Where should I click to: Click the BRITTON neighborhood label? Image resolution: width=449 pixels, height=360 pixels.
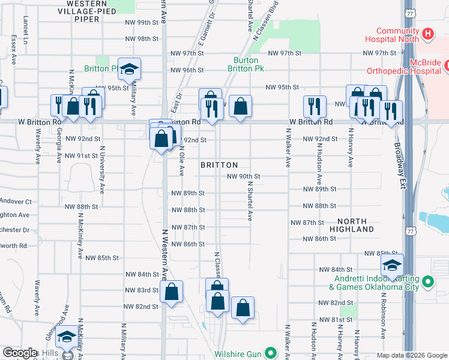[219, 164]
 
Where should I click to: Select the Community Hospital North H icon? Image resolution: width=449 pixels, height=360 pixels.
[427, 34]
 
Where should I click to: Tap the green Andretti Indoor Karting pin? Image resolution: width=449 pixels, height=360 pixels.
[427, 281]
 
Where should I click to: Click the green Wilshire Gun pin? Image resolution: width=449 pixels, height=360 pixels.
[271, 354]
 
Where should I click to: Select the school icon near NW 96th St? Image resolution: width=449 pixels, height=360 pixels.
[128, 70]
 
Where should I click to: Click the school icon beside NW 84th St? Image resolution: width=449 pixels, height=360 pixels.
[392, 266]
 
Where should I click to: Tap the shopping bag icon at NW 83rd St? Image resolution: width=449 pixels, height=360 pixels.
[171, 292]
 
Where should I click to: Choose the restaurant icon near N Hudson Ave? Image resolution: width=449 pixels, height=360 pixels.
[315, 107]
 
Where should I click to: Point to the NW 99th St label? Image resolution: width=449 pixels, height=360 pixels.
[141, 22]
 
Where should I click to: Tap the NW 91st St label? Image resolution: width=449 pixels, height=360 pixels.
[82, 155]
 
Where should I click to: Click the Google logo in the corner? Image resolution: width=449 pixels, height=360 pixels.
[20, 353]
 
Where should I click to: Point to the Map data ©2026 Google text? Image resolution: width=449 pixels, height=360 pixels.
[412, 355]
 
